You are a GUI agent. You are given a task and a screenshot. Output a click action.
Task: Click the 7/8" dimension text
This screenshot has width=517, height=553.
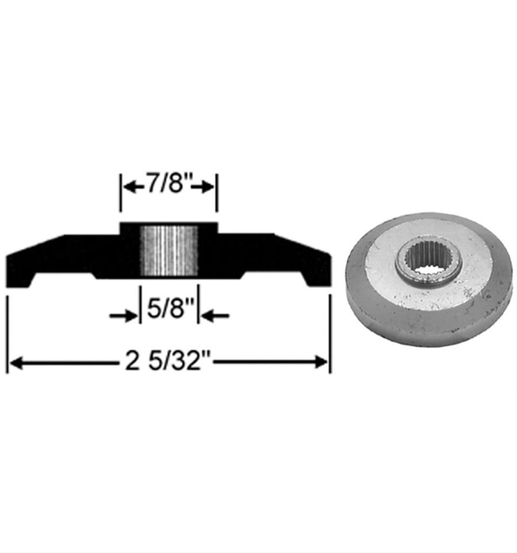(168, 187)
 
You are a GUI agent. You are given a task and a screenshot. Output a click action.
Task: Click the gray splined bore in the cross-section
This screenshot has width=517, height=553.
(169, 251)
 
